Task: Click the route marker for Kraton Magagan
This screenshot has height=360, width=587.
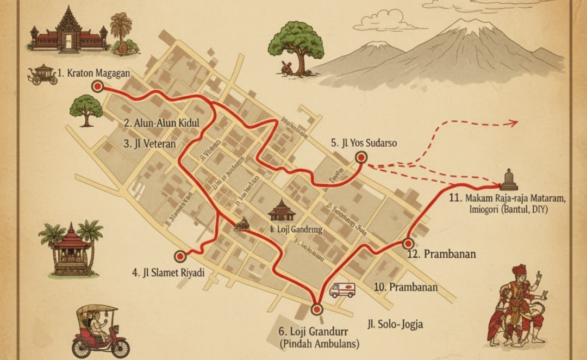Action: click(98, 86)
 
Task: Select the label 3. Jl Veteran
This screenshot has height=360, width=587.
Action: click(149, 144)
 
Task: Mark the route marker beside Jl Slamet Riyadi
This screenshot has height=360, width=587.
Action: click(179, 256)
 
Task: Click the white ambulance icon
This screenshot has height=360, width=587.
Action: click(342, 290)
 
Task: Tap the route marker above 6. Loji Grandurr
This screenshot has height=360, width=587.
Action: click(317, 309)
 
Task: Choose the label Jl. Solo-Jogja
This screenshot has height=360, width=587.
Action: click(395, 325)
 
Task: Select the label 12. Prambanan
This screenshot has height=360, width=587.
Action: click(442, 254)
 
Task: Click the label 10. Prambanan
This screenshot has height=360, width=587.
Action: click(406, 287)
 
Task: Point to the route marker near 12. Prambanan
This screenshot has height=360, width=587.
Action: click(408, 244)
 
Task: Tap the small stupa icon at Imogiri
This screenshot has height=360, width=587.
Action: click(509, 180)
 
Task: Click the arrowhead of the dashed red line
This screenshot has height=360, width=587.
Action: click(513, 123)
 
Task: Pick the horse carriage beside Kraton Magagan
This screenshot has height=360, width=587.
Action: click(42, 75)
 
